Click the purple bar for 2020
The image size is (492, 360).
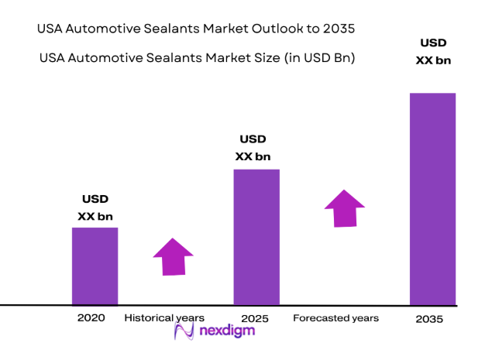coord(95,266)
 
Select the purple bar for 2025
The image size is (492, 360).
coord(256,237)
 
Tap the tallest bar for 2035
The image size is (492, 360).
coord(432,199)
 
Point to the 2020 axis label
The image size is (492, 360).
coord(91,318)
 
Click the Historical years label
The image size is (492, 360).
coord(164,318)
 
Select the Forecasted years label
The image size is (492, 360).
coord(335,318)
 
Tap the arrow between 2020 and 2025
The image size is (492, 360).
coord(174,256)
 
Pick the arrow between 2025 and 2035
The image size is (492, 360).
coord(344,207)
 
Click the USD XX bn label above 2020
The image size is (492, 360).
coord(95,207)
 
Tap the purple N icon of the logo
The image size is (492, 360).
coord(184,331)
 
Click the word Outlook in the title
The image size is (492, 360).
coord(274,29)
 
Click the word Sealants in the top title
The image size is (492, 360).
coord(170,29)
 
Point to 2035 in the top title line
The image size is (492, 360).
coord(341,29)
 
